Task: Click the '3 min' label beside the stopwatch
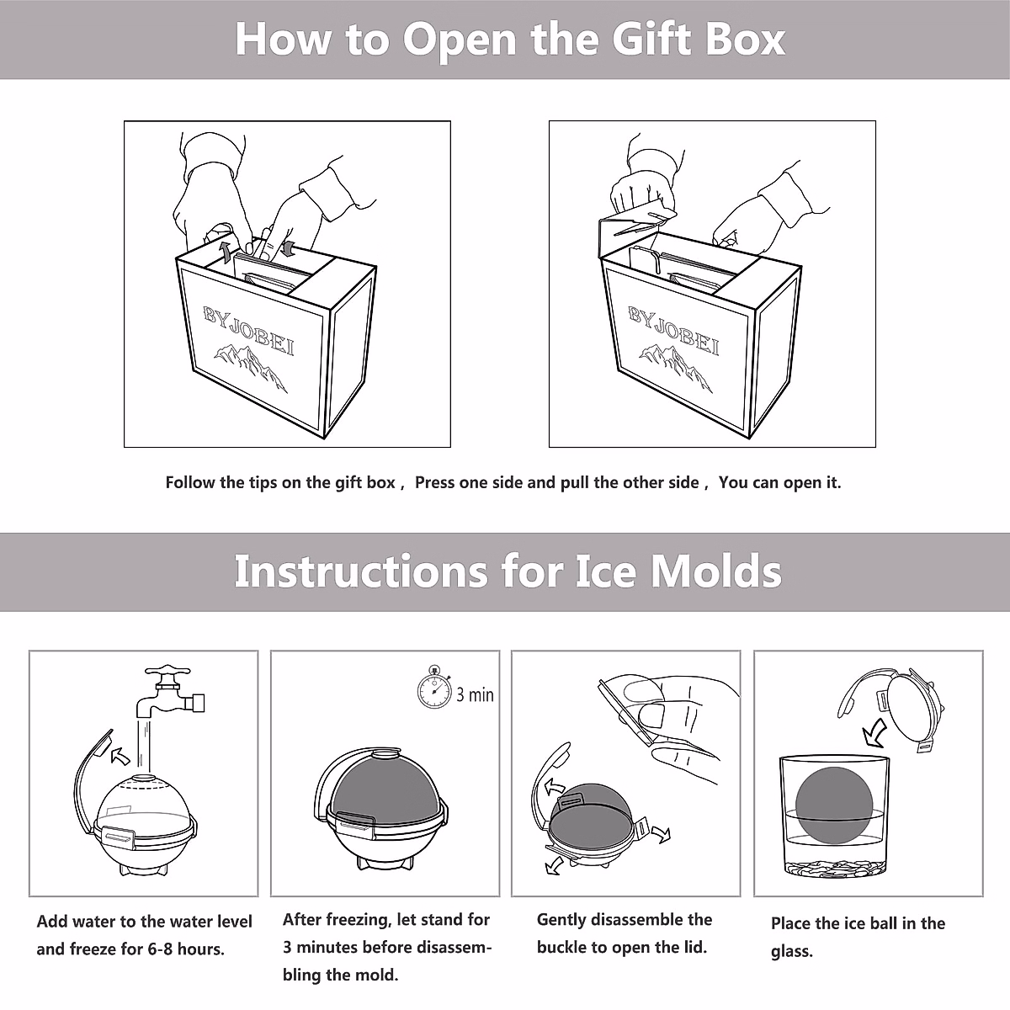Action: (x=475, y=695)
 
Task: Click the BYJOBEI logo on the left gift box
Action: (x=249, y=330)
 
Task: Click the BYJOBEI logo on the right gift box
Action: (x=674, y=330)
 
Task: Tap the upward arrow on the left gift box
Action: (x=225, y=253)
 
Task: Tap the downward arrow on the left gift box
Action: (x=288, y=247)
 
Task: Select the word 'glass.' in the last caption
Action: (x=792, y=952)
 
